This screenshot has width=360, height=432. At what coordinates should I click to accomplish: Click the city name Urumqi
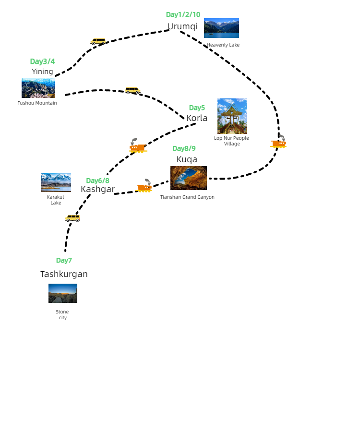[182, 26]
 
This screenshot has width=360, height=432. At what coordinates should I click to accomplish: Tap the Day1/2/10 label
[183, 14]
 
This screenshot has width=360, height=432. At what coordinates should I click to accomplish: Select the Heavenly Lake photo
[221, 28]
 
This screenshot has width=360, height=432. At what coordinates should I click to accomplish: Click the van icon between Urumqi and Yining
[98, 42]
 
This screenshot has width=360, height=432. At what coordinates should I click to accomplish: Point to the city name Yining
[43, 72]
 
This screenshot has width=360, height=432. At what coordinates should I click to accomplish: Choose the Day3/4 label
[42, 61]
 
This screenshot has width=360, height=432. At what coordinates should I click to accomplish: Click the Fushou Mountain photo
[38, 88]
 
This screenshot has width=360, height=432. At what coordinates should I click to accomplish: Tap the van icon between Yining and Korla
[132, 90]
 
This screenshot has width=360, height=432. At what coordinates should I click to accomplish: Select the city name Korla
[197, 118]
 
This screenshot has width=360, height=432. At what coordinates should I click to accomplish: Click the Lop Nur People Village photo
[232, 116]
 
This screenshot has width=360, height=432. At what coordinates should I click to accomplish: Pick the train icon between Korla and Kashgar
[137, 146]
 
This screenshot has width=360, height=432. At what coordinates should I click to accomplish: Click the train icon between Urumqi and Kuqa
[279, 143]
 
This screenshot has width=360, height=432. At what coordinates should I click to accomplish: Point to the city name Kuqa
[187, 159]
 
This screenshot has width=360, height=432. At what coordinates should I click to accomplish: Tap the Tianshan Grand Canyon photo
[189, 178]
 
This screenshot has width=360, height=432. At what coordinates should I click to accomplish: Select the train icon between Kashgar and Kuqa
[144, 187]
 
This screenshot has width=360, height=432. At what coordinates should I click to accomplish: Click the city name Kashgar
[98, 189]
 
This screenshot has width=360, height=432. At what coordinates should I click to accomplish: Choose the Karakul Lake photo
[56, 182]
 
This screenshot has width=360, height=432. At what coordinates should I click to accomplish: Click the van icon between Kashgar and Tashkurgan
[72, 218]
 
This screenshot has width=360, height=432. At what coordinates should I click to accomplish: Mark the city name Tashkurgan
[64, 274]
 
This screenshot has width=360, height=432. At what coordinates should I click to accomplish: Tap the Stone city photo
[63, 293]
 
